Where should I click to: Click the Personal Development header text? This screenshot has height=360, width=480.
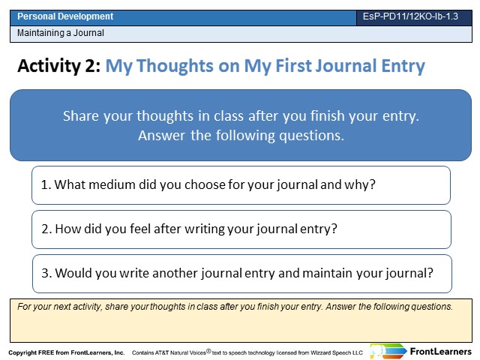click(x=65, y=16)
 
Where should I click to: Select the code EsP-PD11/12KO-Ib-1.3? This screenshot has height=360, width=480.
click(x=410, y=16)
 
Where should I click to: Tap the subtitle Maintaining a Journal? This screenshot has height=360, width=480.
click(x=61, y=33)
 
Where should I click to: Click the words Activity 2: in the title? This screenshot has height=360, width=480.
click(x=59, y=65)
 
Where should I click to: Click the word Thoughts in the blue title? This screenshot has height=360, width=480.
click(x=175, y=65)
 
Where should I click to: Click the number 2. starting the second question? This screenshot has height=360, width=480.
click(x=46, y=229)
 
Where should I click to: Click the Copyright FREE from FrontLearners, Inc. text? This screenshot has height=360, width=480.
click(x=67, y=352)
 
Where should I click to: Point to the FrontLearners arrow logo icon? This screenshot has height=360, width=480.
click(x=388, y=351)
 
